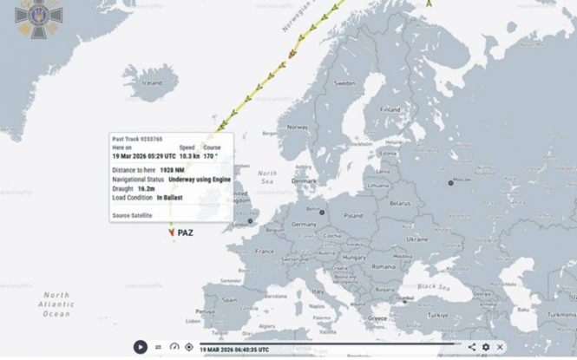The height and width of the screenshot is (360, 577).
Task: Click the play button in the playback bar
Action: point(140,347)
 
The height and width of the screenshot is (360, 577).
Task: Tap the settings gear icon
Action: point(486,347)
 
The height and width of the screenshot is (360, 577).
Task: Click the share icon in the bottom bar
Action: point(472,347)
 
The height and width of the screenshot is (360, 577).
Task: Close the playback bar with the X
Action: point(500,347)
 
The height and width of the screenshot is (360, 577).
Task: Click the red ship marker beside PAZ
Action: point(172,232)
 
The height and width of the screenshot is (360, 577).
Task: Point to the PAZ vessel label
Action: point(186,233)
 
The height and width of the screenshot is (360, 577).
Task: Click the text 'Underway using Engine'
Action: point(200,179)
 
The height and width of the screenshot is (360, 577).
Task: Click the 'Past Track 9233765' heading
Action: point(137,139)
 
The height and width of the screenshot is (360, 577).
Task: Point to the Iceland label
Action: point(152,83)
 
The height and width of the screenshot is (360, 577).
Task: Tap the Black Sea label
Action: point(433,286)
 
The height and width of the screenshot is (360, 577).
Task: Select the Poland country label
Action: point(353,216)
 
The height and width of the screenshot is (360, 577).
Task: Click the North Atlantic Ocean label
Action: point(56,304)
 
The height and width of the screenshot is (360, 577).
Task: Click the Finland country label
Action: point(391,110)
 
